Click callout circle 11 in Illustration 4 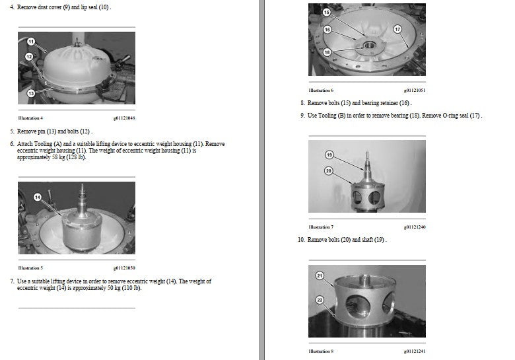click(x=31, y=42)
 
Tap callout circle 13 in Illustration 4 click(x=31, y=93)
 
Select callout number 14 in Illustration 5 click(x=38, y=197)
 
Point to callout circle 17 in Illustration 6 click(x=397, y=29)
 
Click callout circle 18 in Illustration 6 click(x=327, y=52)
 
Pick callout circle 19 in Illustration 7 click(x=329, y=155)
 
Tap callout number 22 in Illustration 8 click(x=320, y=300)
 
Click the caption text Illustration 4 click(x=30, y=118)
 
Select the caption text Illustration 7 click(x=321, y=227)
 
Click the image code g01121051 click(x=415, y=90)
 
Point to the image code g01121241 click(x=415, y=351)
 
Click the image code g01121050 click(x=124, y=268)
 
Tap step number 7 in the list click(x=12, y=281)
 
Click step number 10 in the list click(x=301, y=240)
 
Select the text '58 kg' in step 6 click(x=59, y=157)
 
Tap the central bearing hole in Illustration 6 click(x=370, y=45)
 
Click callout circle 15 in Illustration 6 click(x=326, y=12)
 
